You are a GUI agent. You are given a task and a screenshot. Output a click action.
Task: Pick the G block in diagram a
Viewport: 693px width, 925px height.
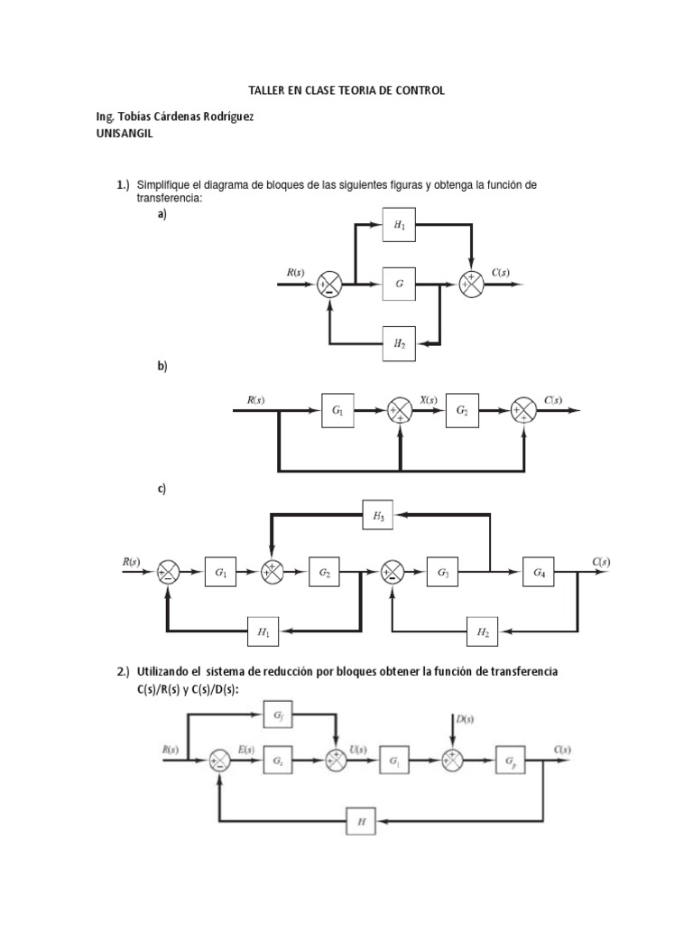[398, 284]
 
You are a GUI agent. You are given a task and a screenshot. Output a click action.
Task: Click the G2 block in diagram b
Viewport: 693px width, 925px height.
[463, 412]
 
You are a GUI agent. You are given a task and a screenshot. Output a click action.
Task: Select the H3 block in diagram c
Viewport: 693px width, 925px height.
[378, 517]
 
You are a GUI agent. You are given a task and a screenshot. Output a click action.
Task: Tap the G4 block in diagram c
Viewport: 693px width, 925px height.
[539, 572]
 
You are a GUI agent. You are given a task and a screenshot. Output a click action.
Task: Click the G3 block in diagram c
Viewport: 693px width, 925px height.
[444, 572]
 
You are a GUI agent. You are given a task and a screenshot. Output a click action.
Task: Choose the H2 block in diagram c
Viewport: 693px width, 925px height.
[483, 634]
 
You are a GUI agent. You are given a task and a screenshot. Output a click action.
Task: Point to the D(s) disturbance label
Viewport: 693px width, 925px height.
[467, 719]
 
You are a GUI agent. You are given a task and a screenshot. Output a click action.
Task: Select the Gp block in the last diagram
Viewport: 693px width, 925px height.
[512, 760]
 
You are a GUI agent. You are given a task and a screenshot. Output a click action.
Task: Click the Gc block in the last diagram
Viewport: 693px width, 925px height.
[278, 761]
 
